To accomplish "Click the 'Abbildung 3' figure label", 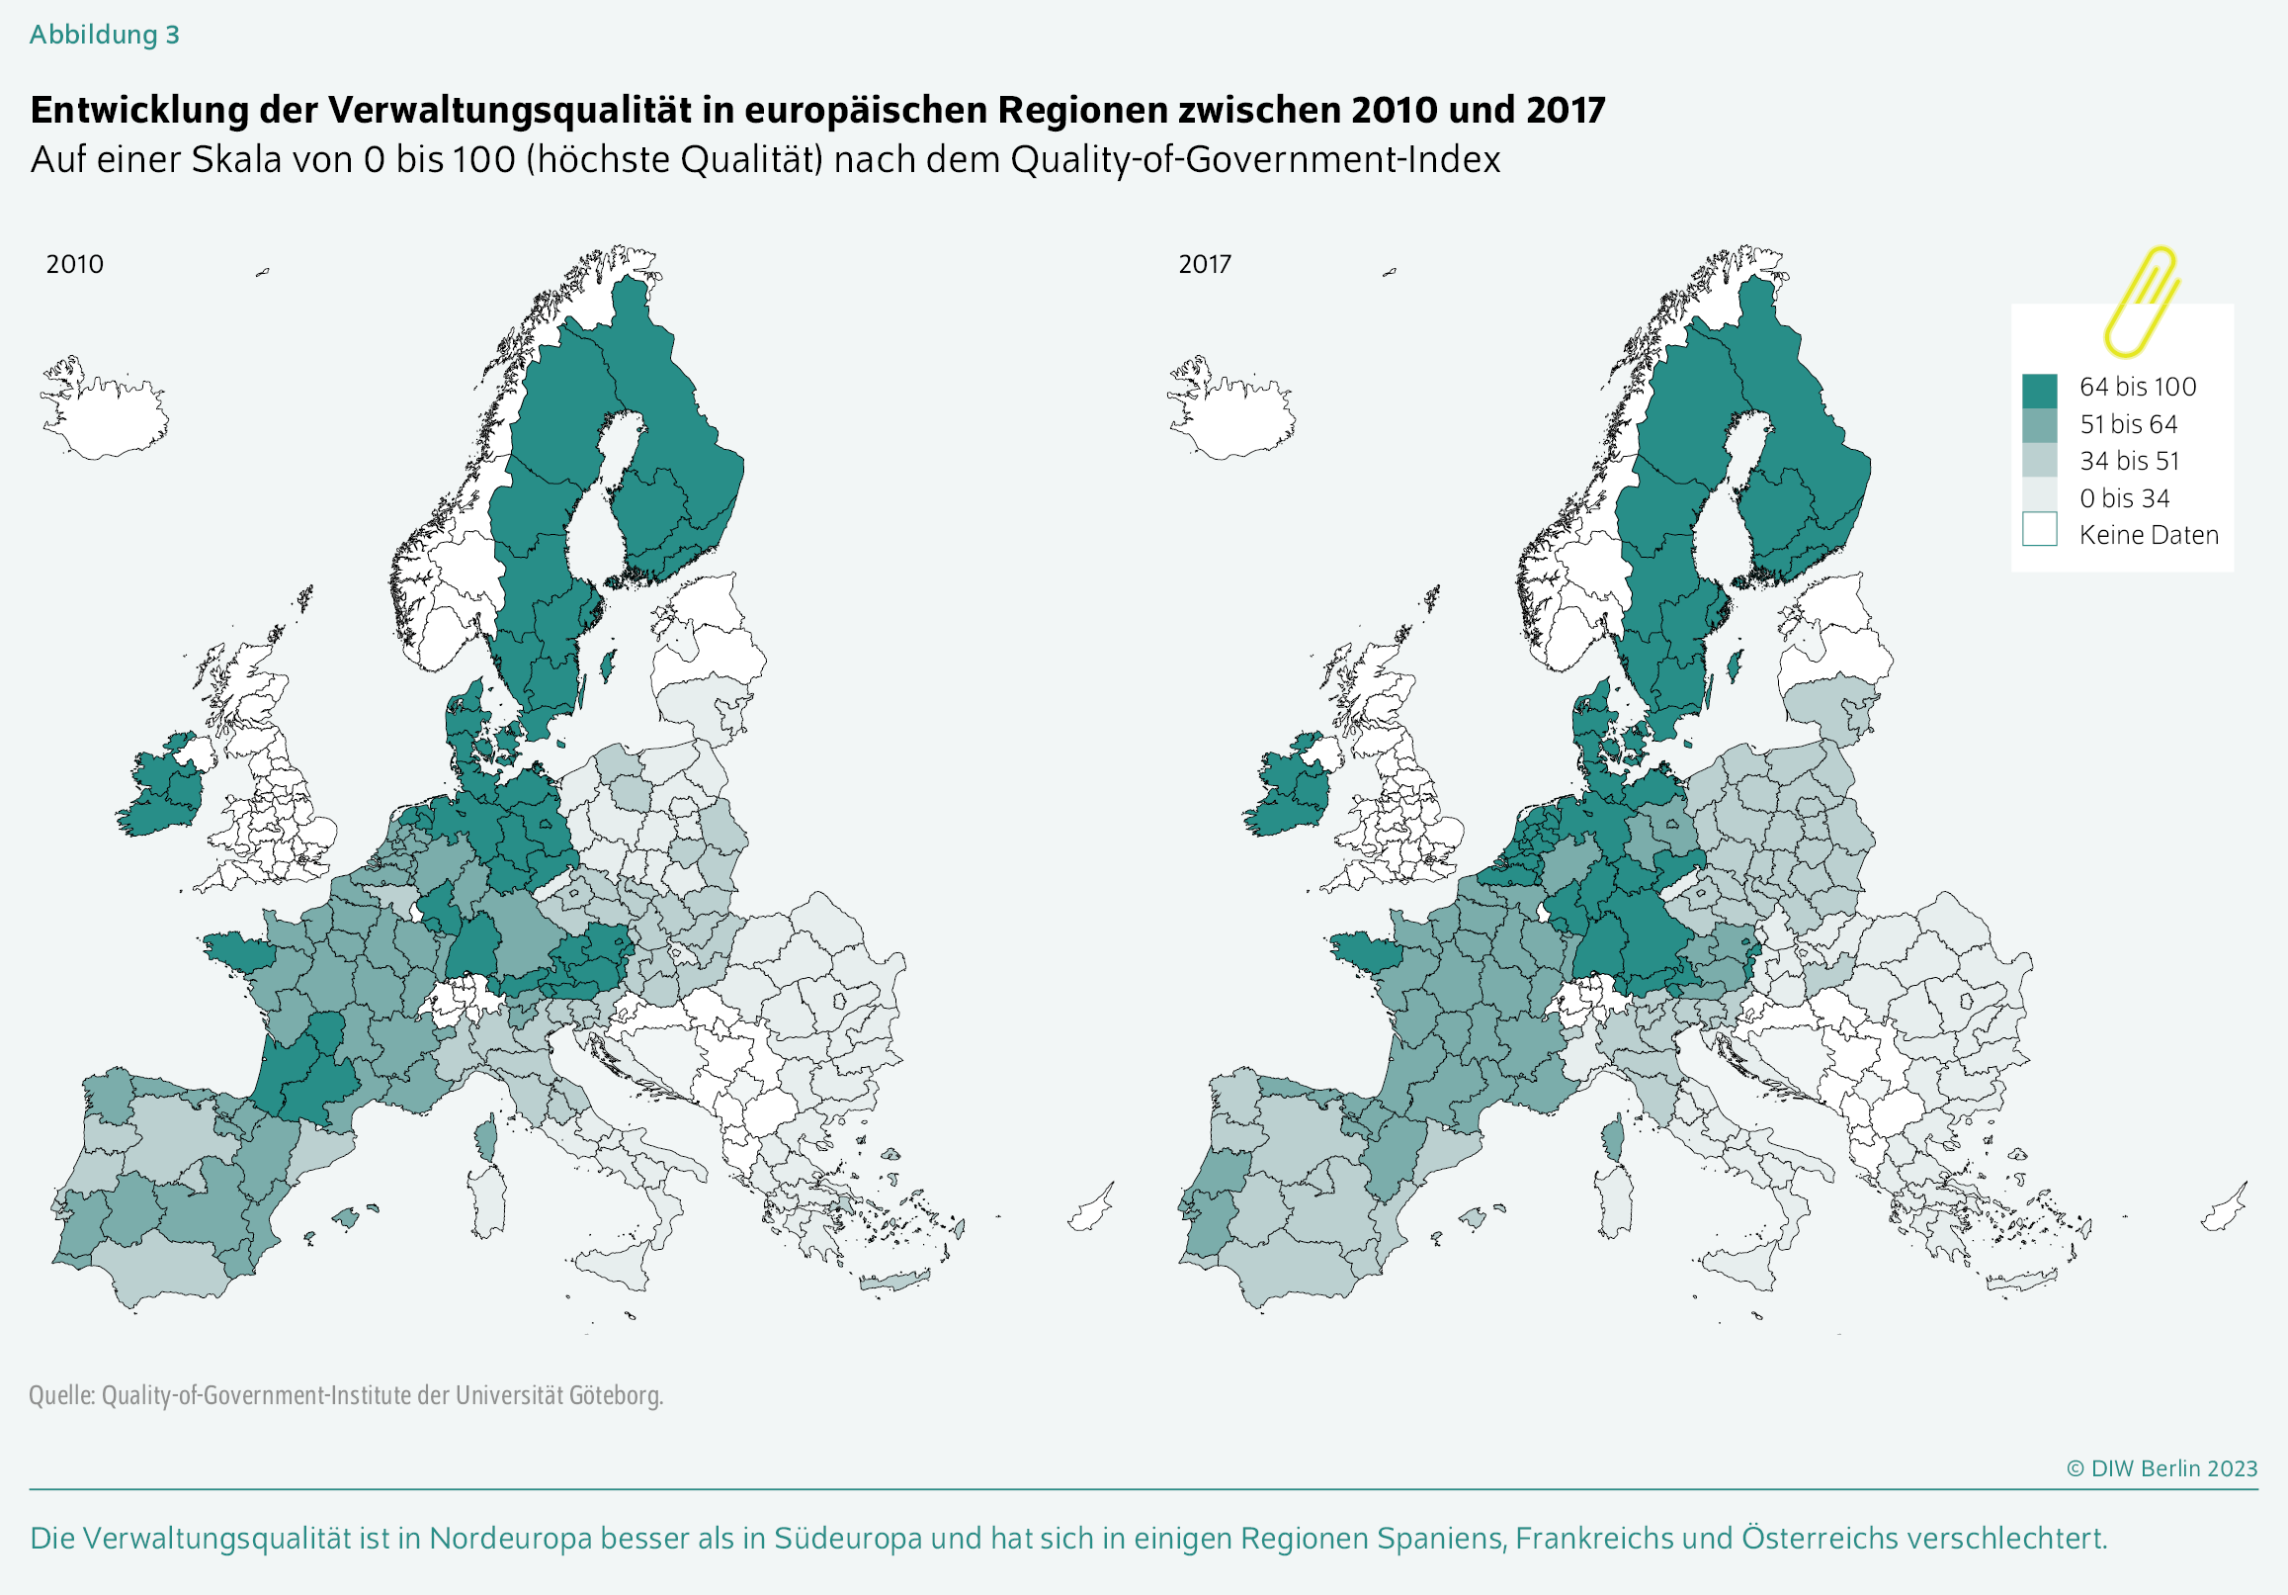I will [104, 35].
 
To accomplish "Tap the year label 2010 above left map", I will [75, 264].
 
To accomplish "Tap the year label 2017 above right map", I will [1205, 264].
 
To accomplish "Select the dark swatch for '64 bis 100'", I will [2039, 390].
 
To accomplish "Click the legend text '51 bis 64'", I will [2128, 424].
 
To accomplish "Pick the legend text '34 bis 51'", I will [2129, 461].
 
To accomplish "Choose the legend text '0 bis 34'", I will [2124, 497].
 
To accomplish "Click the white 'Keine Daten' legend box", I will [2039, 529].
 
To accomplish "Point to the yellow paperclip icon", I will [2140, 301].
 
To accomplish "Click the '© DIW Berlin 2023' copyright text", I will [2161, 1468].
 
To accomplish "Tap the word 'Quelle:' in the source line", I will [62, 1394].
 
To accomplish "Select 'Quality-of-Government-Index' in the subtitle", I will [1254, 159].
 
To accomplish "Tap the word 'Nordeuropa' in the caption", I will [510, 1539].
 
